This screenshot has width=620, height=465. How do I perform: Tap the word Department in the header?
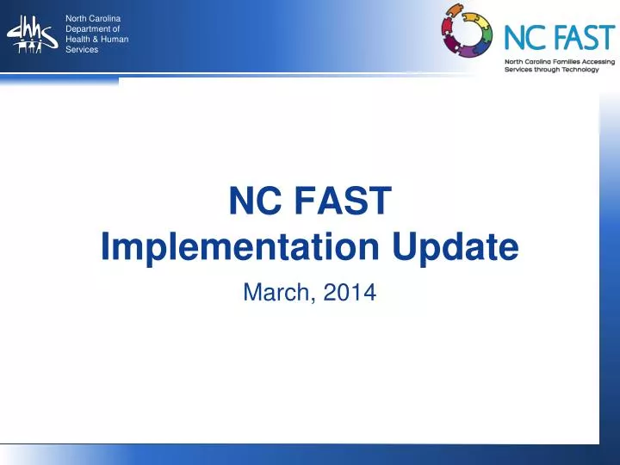(85, 29)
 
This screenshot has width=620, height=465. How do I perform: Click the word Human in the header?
(114, 40)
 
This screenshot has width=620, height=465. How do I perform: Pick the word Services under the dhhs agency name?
(82, 50)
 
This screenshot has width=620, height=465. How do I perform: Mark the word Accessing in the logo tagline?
(597, 62)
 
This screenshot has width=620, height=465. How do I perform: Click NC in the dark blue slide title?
(256, 203)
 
